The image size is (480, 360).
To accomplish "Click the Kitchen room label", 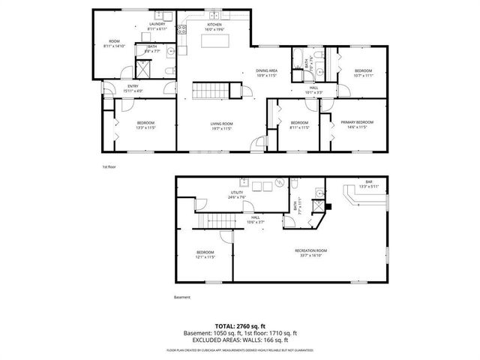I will tap(214, 26).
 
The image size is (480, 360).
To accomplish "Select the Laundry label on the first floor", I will tap(157, 25).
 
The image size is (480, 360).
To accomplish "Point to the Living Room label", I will tap(220, 124).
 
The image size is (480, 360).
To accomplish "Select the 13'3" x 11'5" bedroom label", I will tap(145, 124).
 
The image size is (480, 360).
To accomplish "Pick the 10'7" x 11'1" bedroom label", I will tap(362, 73).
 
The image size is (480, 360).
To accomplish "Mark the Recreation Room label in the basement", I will tap(310, 252).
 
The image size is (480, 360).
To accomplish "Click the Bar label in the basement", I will tap(368, 183).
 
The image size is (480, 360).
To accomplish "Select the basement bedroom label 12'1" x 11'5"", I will tap(205, 254).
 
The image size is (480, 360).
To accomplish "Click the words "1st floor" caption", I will tap(109, 166).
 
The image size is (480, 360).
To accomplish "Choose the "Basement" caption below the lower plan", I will tap(182, 298).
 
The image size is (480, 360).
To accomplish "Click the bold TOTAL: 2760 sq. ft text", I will tap(239, 325).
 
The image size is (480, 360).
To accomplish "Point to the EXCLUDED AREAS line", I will tap(239, 340).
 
